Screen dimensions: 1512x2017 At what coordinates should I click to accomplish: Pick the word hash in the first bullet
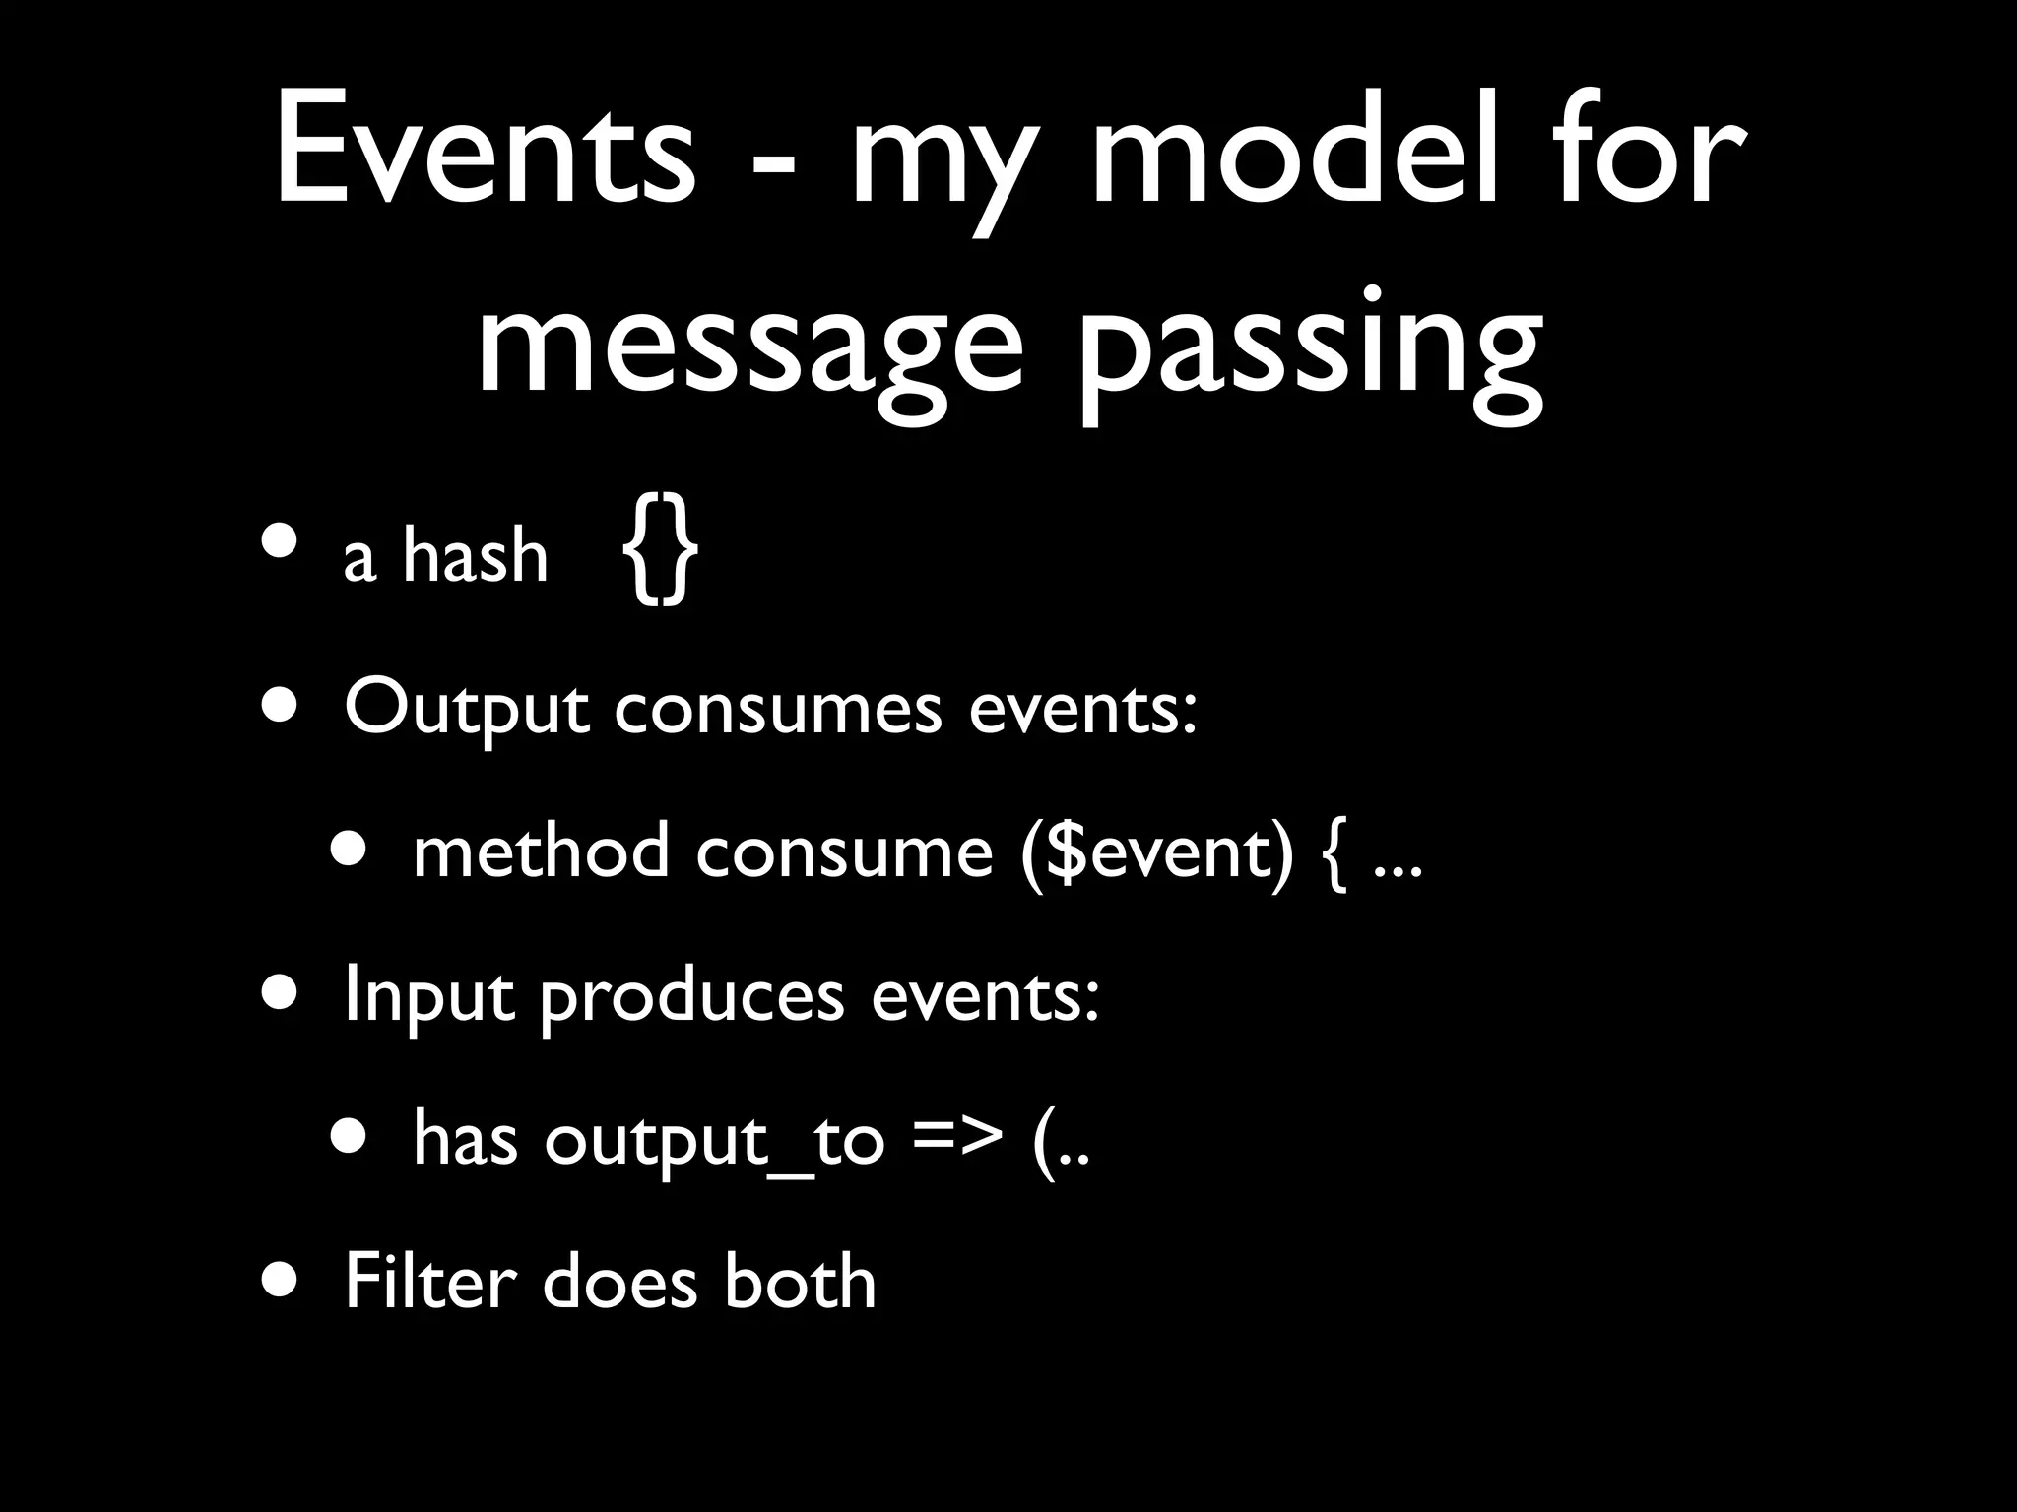coord(475,557)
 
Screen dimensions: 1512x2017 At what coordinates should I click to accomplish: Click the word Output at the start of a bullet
coord(467,709)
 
